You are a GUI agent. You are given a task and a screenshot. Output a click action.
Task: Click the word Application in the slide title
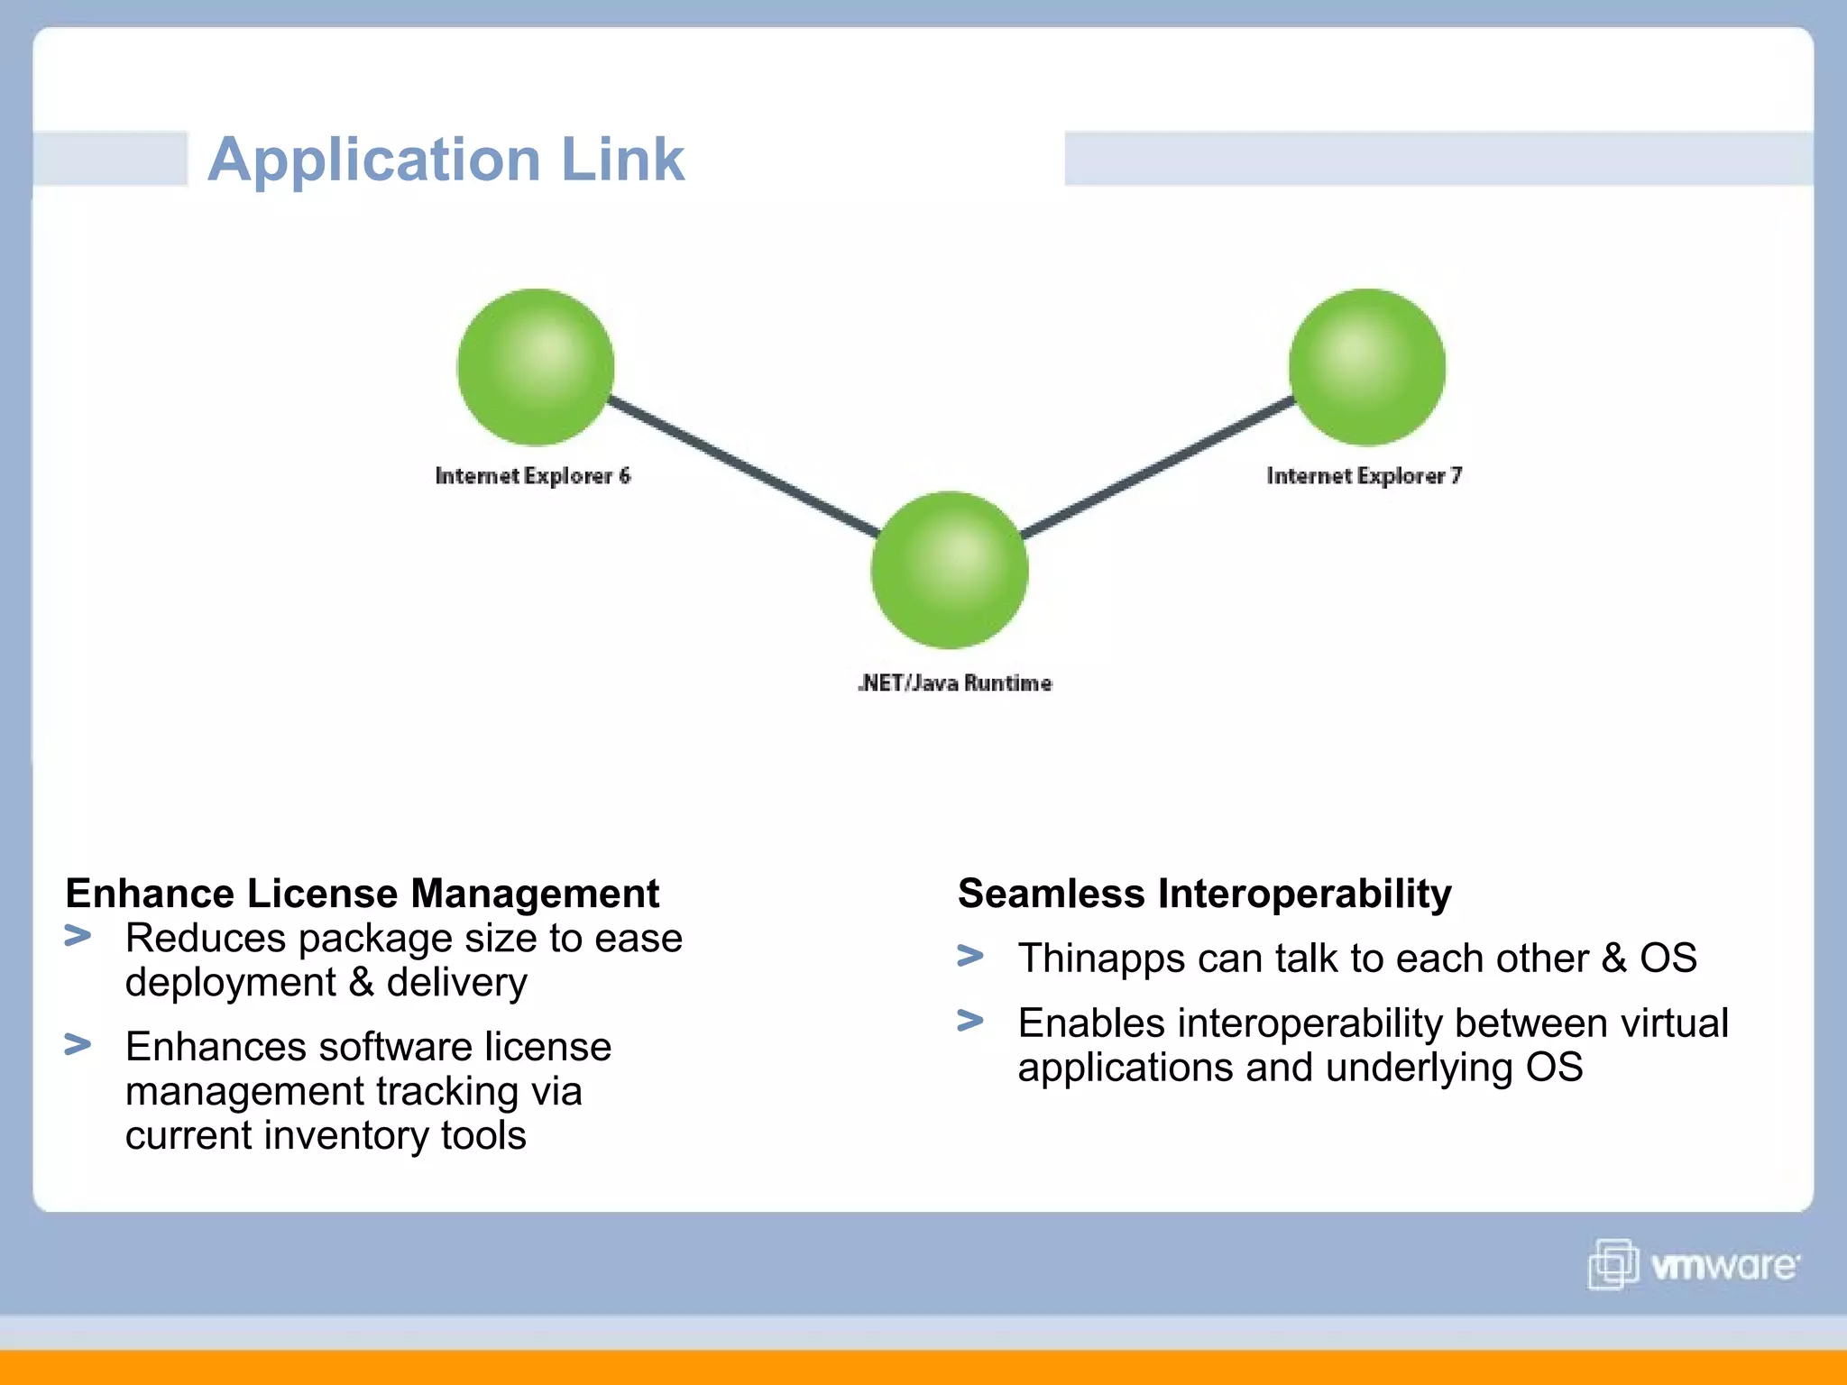coord(373,161)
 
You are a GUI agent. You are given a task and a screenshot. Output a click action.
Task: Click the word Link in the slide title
coord(622,159)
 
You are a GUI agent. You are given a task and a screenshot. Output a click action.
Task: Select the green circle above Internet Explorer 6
coord(536,367)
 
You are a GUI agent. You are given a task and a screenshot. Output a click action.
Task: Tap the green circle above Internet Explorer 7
coord(1366,367)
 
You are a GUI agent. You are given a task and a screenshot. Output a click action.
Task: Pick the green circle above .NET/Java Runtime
coord(949,570)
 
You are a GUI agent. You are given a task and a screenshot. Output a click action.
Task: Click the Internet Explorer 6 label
coord(532,476)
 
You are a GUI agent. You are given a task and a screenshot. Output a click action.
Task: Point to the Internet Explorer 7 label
coord(1364,476)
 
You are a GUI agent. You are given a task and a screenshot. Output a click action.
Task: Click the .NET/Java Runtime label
coord(954,683)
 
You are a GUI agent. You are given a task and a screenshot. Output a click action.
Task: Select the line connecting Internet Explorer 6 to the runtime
coord(744,465)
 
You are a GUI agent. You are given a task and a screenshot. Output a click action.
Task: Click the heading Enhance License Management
coord(362,894)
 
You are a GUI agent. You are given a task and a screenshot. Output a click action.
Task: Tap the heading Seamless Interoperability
coord(1204,894)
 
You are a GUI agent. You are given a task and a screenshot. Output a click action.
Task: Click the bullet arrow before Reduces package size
coord(78,936)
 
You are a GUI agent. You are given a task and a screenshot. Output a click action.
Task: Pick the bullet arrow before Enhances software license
coord(78,1044)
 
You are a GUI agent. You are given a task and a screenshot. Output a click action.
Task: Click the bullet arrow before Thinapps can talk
coord(970,955)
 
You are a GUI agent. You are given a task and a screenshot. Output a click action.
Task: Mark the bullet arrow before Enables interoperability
coord(970,1020)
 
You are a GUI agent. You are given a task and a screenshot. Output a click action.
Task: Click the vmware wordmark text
coord(1724,1266)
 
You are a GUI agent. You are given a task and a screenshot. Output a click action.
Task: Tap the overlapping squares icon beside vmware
coord(1613,1264)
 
